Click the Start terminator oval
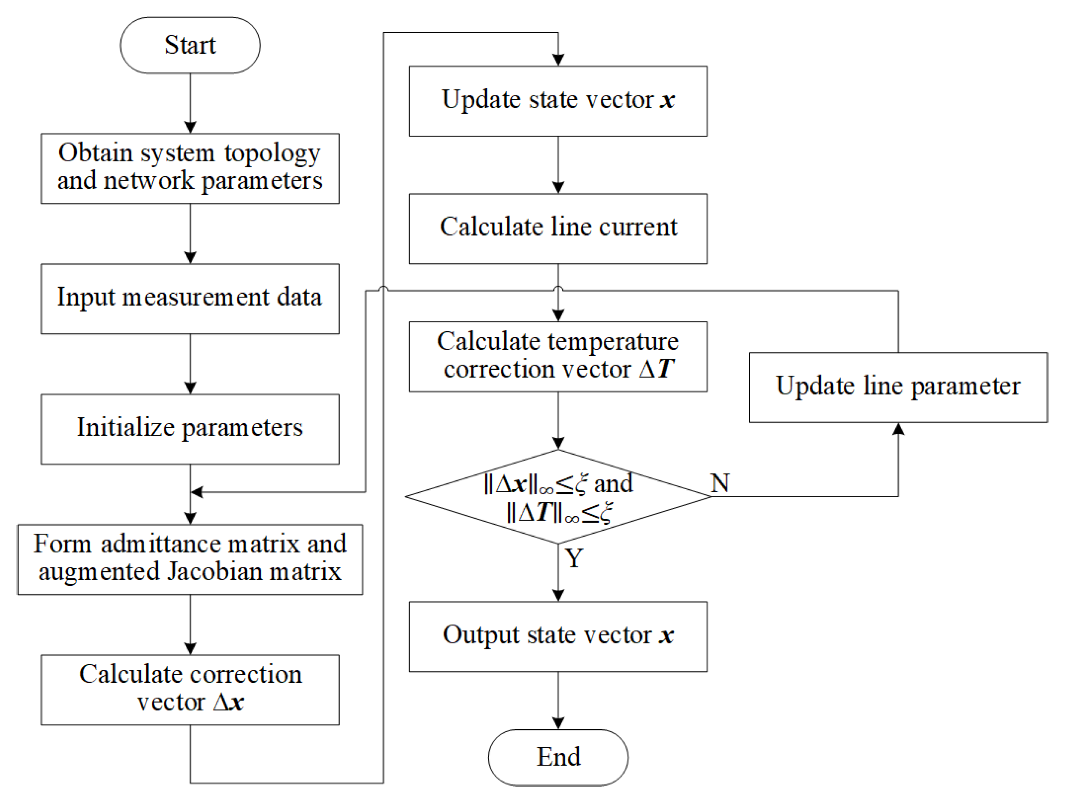click(190, 45)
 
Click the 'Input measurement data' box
click(190, 298)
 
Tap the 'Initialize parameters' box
click(190, 429)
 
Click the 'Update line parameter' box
click(898, 388)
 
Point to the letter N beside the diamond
click(720, 483)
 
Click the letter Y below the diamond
click(574, 558)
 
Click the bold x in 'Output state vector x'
click(666, 635)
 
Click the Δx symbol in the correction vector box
click(229, 702)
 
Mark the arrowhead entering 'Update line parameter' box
click(898, 429)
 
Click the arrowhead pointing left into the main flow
click(197, 492)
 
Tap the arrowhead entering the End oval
click(558, 723)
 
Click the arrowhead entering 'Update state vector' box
click(558, 60)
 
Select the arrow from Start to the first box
click(190, 104)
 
